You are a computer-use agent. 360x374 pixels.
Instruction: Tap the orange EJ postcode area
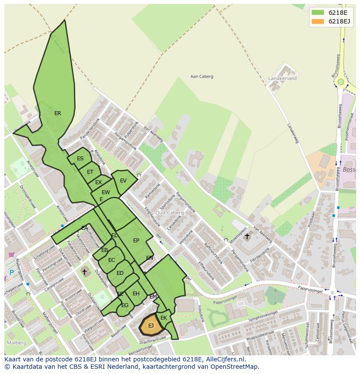point(150,326)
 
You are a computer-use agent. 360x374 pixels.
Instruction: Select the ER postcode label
point(57,113)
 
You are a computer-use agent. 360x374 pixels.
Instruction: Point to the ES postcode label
point(80,159)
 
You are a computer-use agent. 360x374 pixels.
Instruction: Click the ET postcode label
point(90,172)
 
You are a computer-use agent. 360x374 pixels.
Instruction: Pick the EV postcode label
point(123,181)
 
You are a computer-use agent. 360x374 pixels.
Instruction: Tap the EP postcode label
point(136,241)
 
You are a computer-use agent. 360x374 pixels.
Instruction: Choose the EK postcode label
point(163,318)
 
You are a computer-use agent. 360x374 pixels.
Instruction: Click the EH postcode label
point(136,294)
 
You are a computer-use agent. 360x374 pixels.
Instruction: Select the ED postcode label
point(120,273)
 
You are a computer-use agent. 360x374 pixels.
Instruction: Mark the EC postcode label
point(112,260)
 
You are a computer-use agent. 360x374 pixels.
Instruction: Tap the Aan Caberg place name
point(202,76)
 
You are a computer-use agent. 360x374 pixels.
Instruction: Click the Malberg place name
point(16,343)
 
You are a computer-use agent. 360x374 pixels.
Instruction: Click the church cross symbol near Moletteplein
point(247,236)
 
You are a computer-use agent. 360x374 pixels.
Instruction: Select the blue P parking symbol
point(11,272)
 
